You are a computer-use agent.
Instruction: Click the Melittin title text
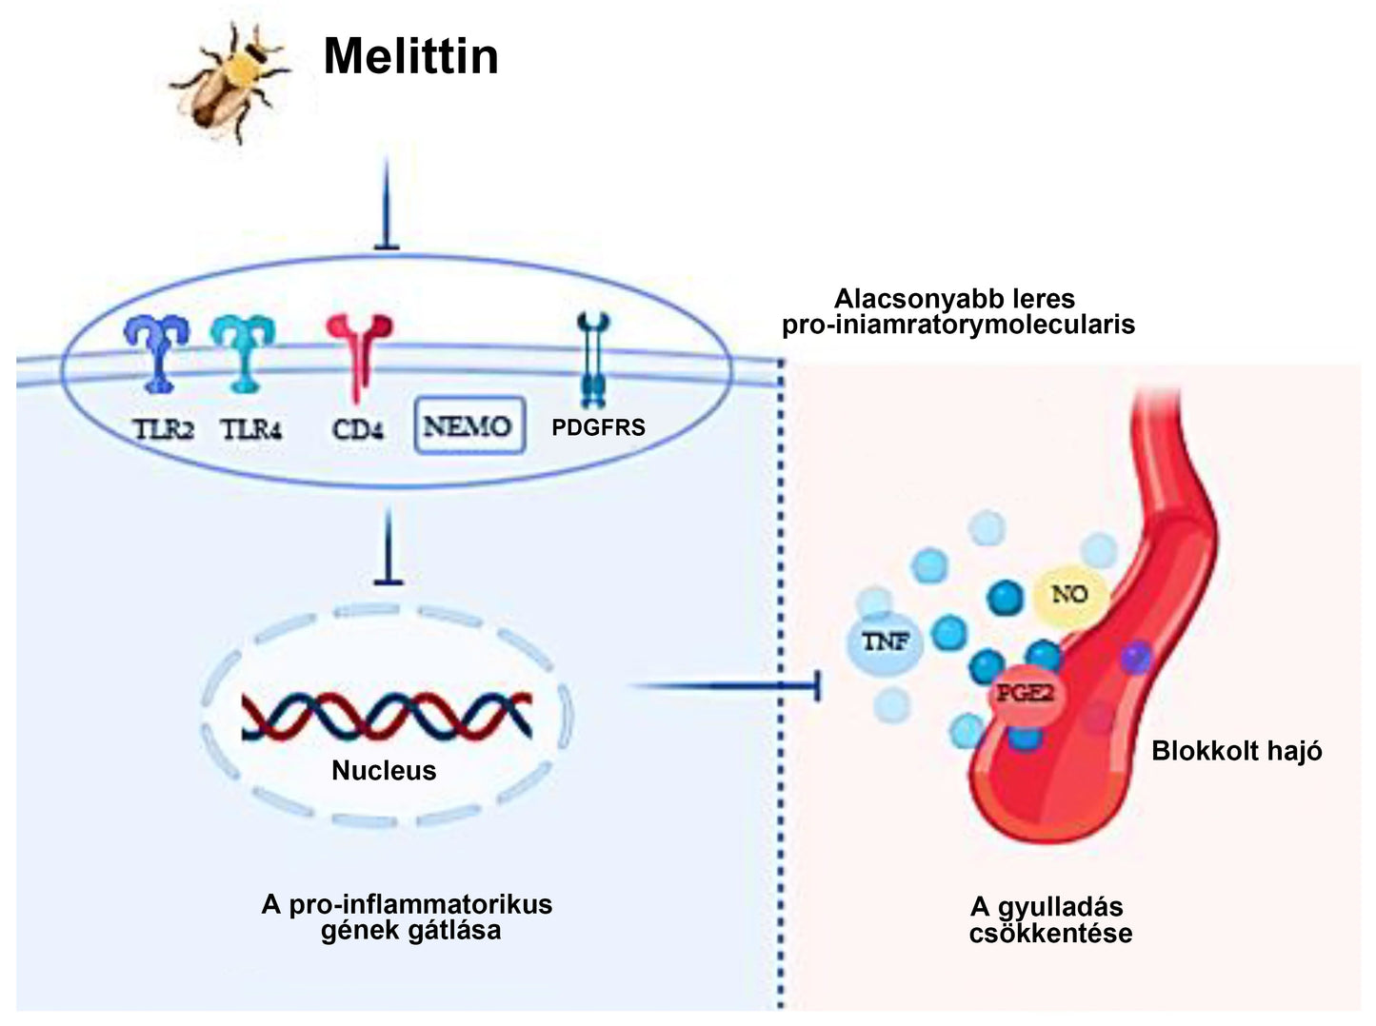(x=410, y=56)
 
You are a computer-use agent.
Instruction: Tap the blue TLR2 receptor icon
(x=157, y=353)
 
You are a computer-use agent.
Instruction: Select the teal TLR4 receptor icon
(x=244, y=353)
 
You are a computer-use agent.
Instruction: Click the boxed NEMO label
(x=469, y=425)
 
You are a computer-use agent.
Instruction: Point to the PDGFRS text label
(x=598, y=427)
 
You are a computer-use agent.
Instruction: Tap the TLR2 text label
(x=163, y=429)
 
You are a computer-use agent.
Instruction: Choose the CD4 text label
(x=358, y=429)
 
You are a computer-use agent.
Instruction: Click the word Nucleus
(x=384, y=770)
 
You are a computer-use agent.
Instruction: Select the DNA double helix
(x=386, y=716)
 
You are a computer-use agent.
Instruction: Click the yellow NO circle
(x=1068, y=595)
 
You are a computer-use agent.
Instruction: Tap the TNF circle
(x=886, y=642)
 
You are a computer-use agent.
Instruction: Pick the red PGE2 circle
(x=1025, y=693)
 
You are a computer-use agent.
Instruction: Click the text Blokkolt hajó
(x=1236, y=751)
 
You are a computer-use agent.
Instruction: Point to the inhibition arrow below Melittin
(x=387, y=205)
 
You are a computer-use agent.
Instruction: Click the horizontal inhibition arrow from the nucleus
(x=724, y=685)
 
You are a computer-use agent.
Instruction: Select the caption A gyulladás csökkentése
(x=1050, y=919)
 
